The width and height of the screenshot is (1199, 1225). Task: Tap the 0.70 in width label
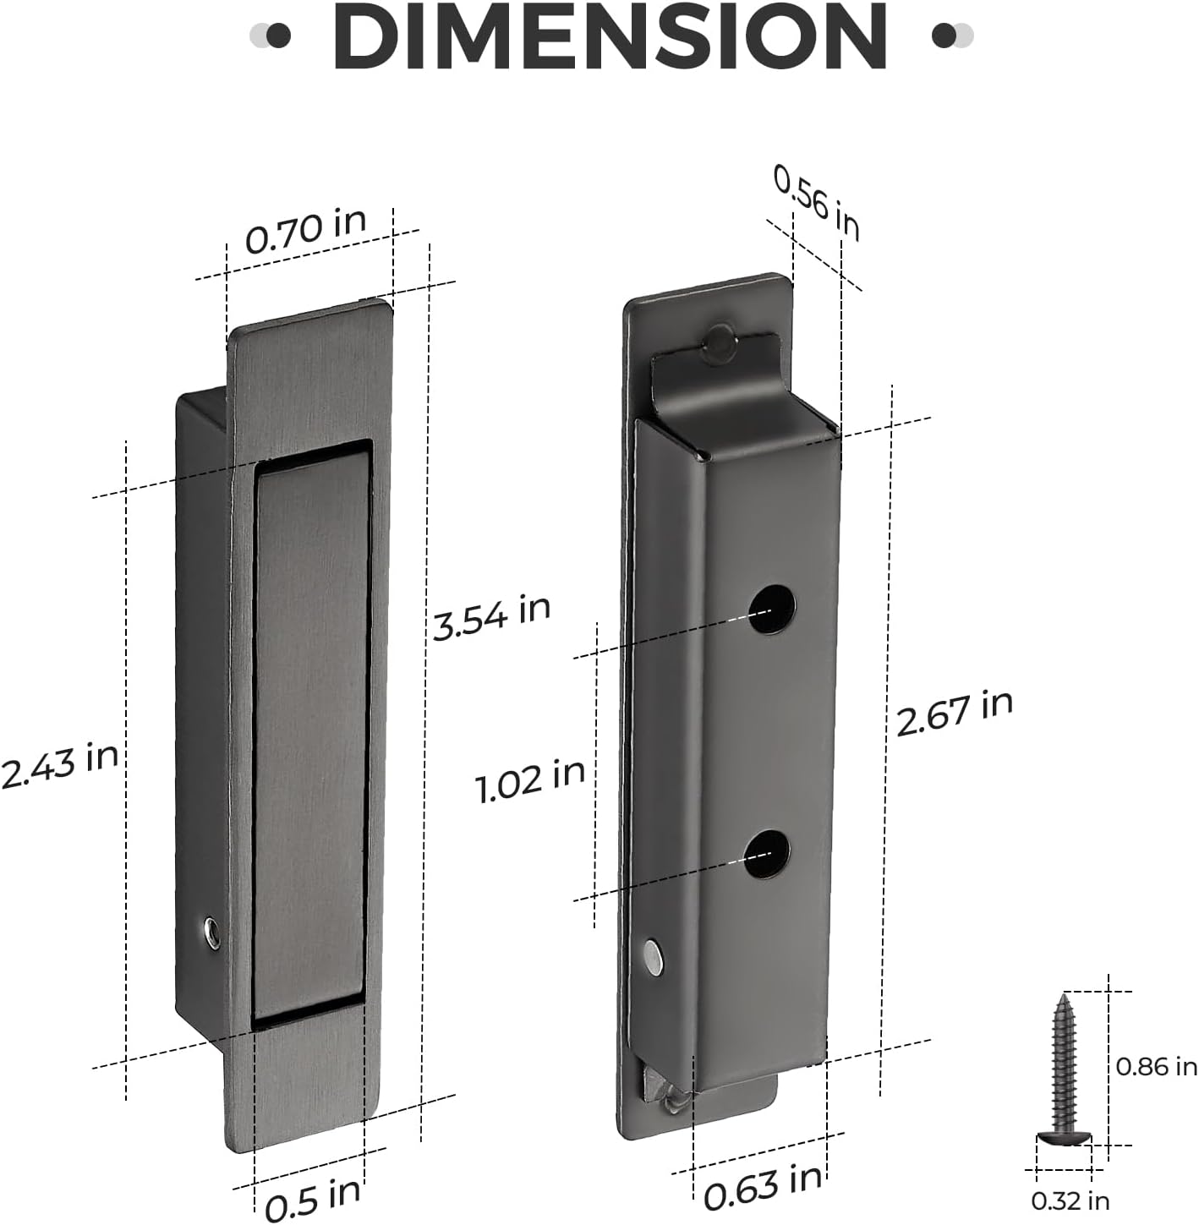click(305, 230)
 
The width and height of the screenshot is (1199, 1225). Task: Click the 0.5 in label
click(312, 1199)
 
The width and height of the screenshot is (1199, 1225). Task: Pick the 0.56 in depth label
click(817, 203)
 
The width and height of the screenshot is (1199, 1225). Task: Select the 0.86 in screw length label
click(1156, 1067)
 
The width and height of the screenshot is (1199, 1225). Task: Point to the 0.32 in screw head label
click(1070, 1200)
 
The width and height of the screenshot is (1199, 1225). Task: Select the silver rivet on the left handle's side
click(211, 932)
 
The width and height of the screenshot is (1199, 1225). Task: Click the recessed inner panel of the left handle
click(311, 731)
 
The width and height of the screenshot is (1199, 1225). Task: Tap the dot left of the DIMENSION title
click(276, 36)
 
